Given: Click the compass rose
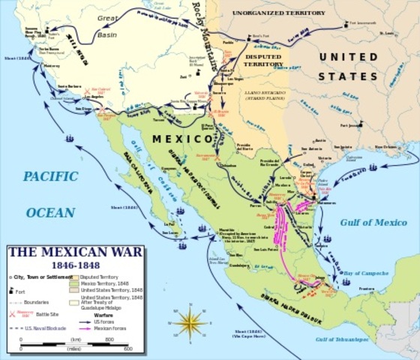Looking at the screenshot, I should click(193, 323).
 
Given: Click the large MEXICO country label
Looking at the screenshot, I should click(181, 139).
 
